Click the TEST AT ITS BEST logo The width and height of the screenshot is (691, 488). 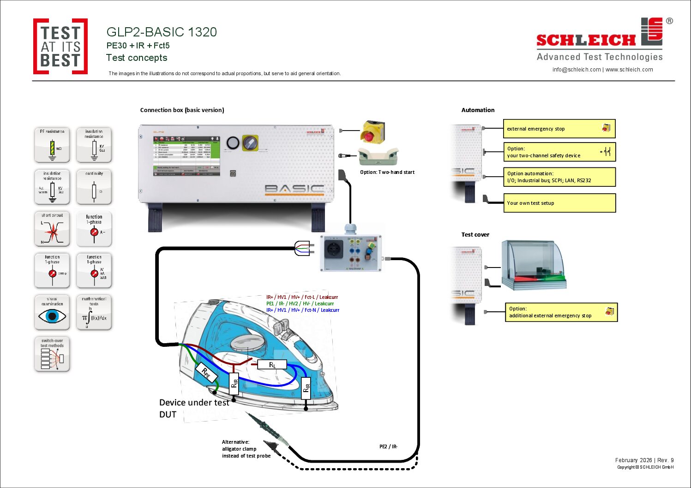pyautogui.click(x=60, y=47)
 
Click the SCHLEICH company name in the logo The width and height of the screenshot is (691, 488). pyautogui.click(x=586, y=41)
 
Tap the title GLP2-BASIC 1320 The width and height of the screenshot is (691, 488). pyautogui.click(x=162, y=32)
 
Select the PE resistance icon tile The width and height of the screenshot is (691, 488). pyautogui.click(x=52, y=145)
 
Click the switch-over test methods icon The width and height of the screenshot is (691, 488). pyautogui.click(x=52, y=354)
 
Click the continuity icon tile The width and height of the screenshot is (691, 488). pyautogui.click(x=94, y=187)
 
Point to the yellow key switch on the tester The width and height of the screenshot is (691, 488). pyautogui.click(x=250, y=143)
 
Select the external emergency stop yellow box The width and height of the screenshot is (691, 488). pyautogui.click(x=559, y=129)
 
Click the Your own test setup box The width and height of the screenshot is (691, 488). pyautogui.click(x=559, y=203)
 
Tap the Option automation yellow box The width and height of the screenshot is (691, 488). pyautogui.click(x=559, y=177)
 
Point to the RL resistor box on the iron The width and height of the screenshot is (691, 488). pyautogui.click(x=272, y=365)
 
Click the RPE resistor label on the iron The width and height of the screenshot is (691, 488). pyautogui.click(x=206, y=373)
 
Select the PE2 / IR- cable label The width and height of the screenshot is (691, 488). pyautogui.click(x=388, y=446)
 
